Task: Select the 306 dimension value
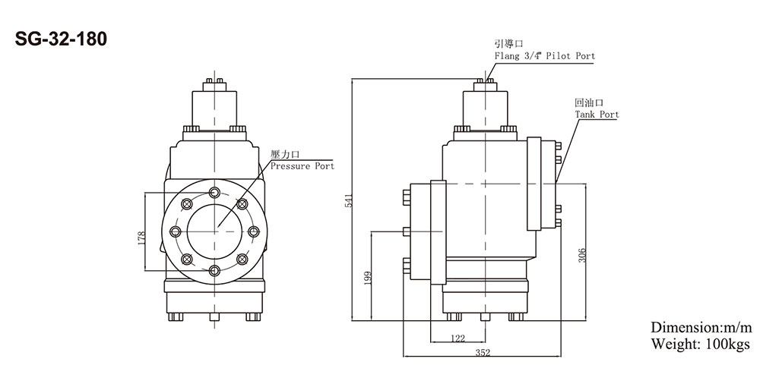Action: (582, 256)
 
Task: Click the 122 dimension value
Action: (458, 339)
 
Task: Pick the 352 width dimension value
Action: (483, 352)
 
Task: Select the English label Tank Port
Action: (597, 115)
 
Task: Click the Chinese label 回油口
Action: (588, 102)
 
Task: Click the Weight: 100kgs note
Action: (700, 344)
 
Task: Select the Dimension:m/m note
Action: (700, 328)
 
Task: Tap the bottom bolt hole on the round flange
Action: (215, 271)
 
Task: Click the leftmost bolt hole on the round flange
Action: (176, 231)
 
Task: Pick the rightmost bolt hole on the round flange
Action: (255, 231)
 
